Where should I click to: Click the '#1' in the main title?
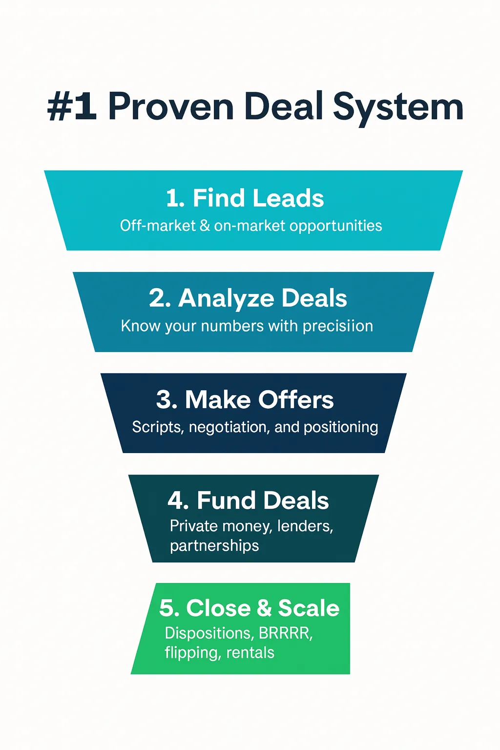point(72,107)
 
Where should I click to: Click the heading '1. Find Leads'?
point(245,198)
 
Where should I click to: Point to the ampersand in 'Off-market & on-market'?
point(205,226)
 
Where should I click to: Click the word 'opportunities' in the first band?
point(335,226)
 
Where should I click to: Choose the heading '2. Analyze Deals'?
point(248,298)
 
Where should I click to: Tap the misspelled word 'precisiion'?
point(338,326)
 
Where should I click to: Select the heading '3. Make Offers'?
point(245,399)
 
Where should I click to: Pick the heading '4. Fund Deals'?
point(248,500)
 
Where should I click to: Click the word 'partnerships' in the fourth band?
point(214,545)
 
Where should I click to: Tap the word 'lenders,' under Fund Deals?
point(305,526)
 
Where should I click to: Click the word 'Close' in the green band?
point(218,608)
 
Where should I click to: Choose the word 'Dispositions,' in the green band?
point(209,633)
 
